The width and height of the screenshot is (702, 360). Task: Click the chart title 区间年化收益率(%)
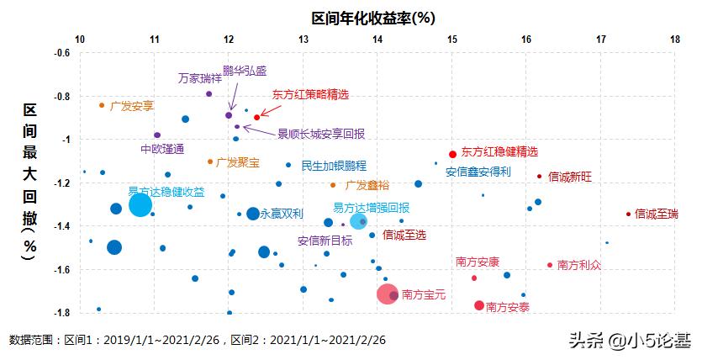[373, 17]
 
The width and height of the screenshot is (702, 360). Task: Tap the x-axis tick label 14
[377, 40]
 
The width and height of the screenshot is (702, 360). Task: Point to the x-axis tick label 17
[601, 40]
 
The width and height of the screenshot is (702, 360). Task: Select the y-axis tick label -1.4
[61, 226]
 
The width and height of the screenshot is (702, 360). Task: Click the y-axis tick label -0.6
[61, 53]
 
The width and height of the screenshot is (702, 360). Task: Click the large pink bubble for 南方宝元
[387, 294]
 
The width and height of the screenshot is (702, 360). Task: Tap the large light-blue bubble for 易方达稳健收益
[140, 204]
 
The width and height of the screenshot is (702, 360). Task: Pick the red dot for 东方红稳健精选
[452, 154]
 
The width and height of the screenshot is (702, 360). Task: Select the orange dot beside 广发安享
[102, 105]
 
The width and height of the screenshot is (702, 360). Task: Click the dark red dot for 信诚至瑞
[628, 214]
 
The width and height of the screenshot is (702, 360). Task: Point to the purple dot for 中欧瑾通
[157, 135]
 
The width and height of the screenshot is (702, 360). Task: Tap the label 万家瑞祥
[200, 78]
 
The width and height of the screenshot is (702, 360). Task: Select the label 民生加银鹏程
[334, 166]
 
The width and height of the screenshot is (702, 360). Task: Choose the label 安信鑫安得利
[478, 172]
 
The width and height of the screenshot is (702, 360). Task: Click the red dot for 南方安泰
[479, 305]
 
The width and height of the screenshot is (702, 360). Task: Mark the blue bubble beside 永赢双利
[252, 214]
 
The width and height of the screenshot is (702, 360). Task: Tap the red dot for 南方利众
[550, 265]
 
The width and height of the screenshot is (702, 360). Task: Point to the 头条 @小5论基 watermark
[628, 341]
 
